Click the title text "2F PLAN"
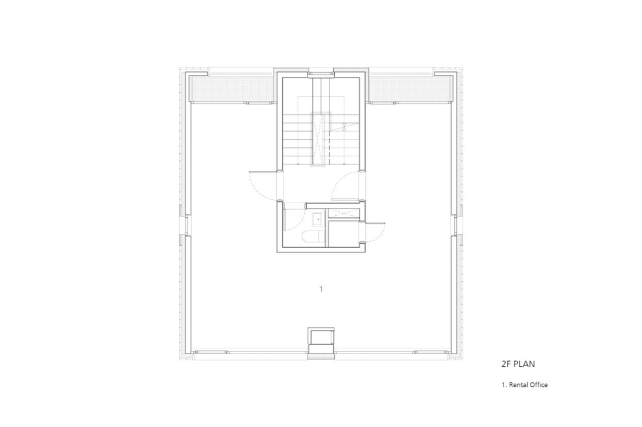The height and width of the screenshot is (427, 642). pos(518,364)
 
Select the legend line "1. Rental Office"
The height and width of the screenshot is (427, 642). pos(524,385)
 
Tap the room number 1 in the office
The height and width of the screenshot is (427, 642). pos(321,289)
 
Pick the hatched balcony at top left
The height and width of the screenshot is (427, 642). pos(232,90)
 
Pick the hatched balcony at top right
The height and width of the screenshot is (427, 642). pos(410,90)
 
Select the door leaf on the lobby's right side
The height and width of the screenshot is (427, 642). pos(346,200)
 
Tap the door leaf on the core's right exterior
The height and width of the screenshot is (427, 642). pos(375,223)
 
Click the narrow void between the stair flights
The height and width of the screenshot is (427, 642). pos(318,138)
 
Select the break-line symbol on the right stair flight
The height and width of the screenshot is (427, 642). pos(344,127)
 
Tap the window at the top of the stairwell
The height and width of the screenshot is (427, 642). pos(321,74)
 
